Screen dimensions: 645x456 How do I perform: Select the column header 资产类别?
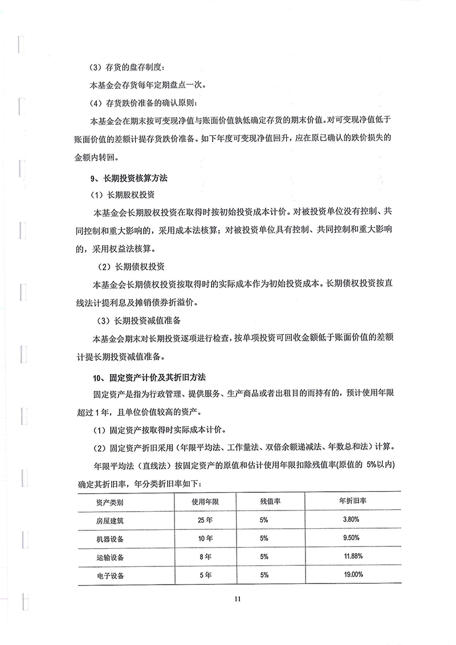tap(109, 502)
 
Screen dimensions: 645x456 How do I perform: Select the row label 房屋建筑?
tap(109, 521)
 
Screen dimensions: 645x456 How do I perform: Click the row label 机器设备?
tap(109, 539)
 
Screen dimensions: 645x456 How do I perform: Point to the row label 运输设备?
tap(109, 557)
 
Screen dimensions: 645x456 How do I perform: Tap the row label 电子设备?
tap(109, 575)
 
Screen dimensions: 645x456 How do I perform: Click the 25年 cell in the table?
tap(206, 520)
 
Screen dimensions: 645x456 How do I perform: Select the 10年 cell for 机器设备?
tap(206, 538)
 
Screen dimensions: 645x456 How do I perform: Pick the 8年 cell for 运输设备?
tap(206, 557)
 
